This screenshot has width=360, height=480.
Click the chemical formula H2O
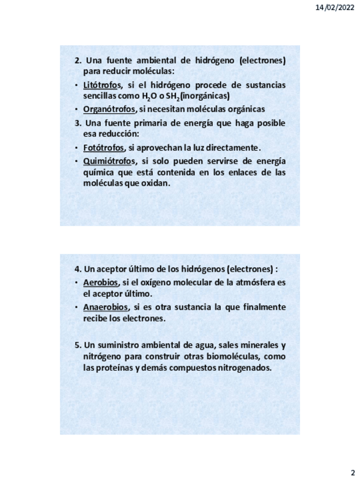(x=149, y=96)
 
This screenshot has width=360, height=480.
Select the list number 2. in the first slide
(x=78, y=60)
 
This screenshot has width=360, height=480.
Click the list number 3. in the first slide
(x=78, y=123)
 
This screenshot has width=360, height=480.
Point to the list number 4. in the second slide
(x=78, y=269)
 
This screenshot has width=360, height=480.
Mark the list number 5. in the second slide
(x=78, y=344)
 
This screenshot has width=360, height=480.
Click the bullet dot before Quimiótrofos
(x=77, y=161)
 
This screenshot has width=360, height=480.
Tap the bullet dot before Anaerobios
(x=77, y=307)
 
